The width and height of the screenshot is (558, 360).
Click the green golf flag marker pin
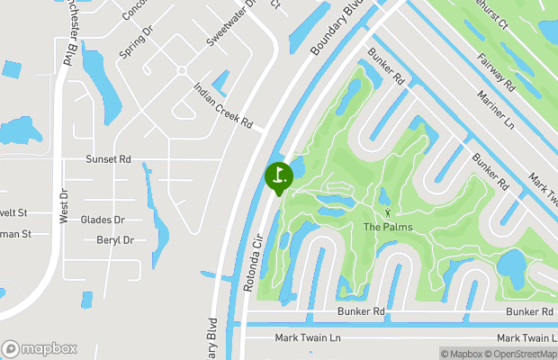[x=278, y=175]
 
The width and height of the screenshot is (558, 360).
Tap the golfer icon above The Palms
[x=388, y=212]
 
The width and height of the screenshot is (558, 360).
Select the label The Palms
[x=388, y=227]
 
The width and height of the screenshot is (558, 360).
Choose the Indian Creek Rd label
[x=224, y=105]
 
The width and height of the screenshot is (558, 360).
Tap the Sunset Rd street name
[x=108, y=159]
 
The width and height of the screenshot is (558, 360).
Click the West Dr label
[x=64, y=206]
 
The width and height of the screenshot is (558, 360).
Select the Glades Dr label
[x=103, y=220]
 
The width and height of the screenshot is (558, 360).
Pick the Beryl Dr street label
[x=114, y=240]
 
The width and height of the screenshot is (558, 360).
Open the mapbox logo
[x=40, y=349]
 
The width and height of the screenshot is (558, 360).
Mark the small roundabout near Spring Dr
[x=182, y=70]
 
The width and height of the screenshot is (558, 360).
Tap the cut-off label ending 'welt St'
[x=14, y=213]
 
